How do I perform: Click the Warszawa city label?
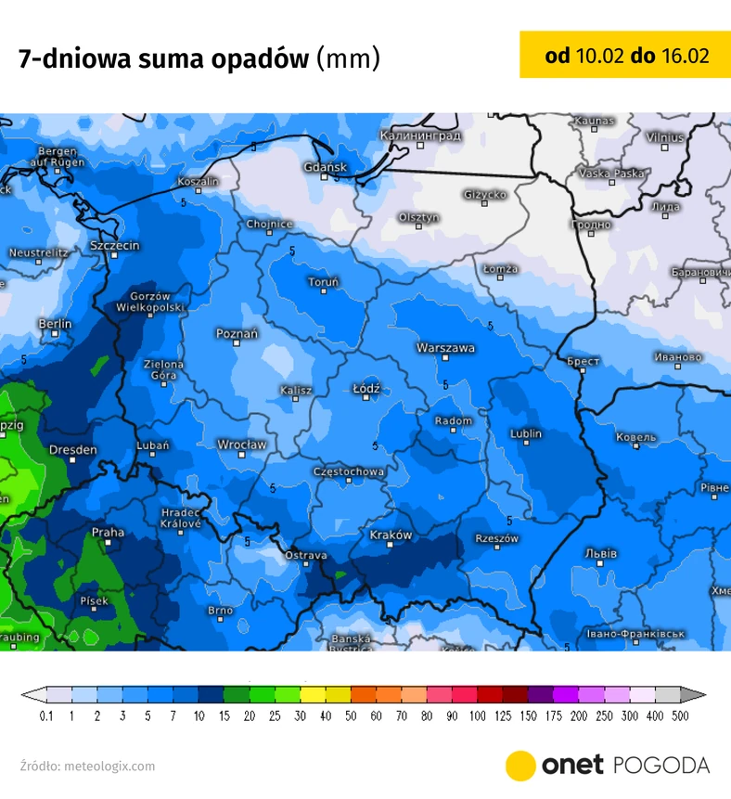point(445,348)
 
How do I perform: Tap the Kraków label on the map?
point(391,535)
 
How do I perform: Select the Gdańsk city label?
point(325,167)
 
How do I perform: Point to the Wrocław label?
point(241,445)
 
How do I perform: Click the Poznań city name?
point(237,333)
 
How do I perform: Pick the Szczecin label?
point(115,246)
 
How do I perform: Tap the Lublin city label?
point(526,433)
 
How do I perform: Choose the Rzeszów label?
point(496,538)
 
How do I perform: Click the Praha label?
point(108,533)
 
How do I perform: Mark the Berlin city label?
point(55,324)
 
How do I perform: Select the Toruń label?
point(324,281)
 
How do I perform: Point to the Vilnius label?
point(665,137)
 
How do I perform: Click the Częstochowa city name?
point(349,471)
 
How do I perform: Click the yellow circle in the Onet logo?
point(521,766)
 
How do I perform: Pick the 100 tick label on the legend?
point(477,716)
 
